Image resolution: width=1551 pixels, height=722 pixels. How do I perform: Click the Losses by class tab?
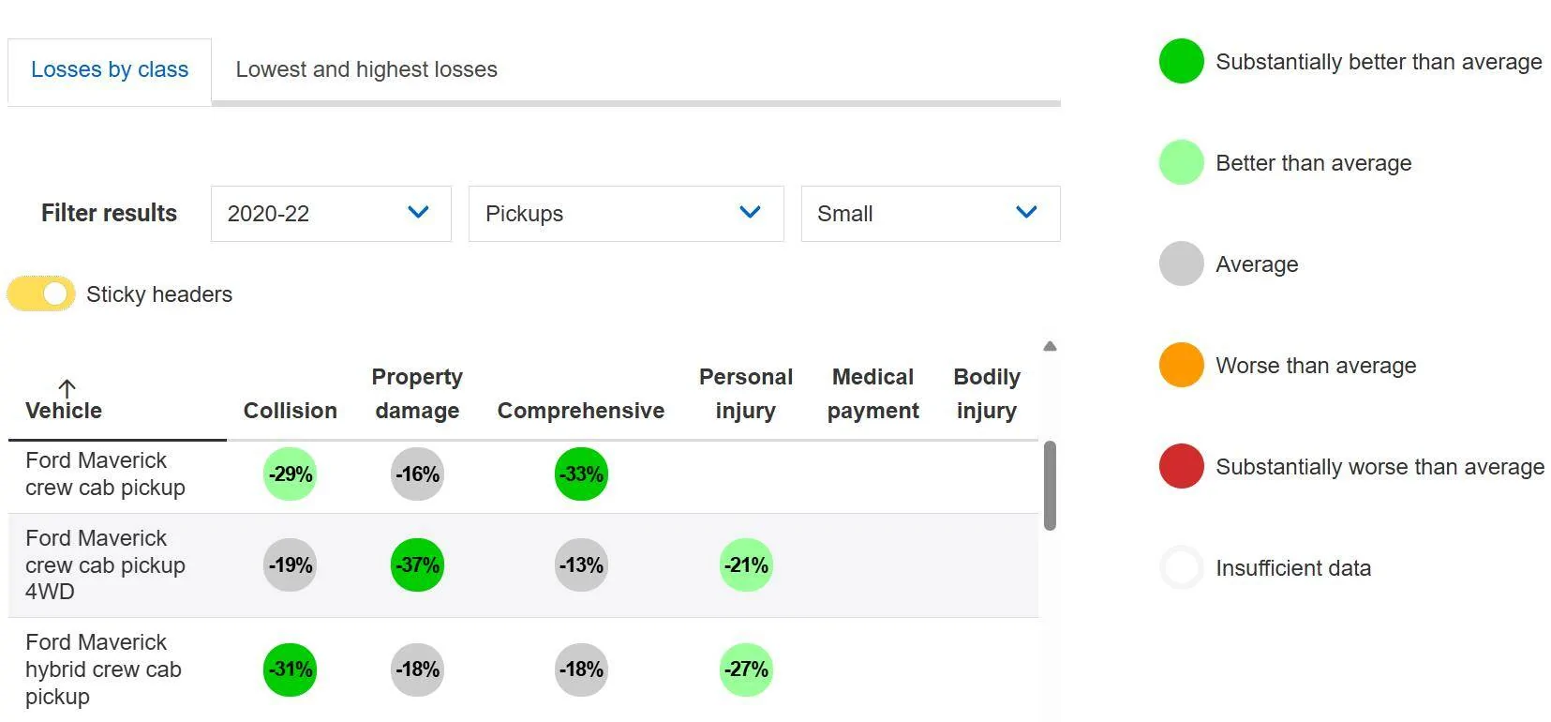tap(110, 70)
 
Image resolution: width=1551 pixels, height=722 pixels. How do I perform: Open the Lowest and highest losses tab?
tap(366, 69)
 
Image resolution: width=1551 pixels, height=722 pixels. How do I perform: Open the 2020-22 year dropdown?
tap(331, 214)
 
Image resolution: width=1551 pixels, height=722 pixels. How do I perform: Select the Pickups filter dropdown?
tap(626, 214)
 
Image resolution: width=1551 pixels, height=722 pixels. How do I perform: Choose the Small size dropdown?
tap(931, 214)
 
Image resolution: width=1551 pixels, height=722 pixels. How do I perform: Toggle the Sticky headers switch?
tap(41, 293)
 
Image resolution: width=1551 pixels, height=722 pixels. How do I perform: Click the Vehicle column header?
tap(64, 410)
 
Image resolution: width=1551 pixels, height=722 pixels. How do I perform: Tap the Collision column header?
tap(291, 410)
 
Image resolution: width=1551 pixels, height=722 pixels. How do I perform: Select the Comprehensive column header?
tap(581, 410)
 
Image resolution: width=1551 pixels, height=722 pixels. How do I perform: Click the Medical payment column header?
tap(873, 394)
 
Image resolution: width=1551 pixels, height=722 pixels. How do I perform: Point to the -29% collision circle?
tap(291, 474)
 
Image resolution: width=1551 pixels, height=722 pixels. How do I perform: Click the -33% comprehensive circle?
tap(581, 474)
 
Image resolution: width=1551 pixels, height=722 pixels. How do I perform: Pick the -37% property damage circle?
tap(417, 564)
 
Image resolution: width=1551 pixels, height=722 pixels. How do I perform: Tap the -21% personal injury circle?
tap(746, 564)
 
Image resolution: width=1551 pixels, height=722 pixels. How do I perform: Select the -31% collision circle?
tap(291, 669)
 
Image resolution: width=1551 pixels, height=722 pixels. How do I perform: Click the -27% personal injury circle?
tap(746, 669)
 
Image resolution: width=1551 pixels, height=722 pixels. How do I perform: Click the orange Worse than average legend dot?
tap(1181, 365)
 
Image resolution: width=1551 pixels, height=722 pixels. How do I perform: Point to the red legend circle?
tap(1181, 466)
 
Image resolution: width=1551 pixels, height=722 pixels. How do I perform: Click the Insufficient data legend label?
tap(1293, 568)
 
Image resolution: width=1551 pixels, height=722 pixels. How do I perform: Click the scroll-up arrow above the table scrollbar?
tap(1050, 346)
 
